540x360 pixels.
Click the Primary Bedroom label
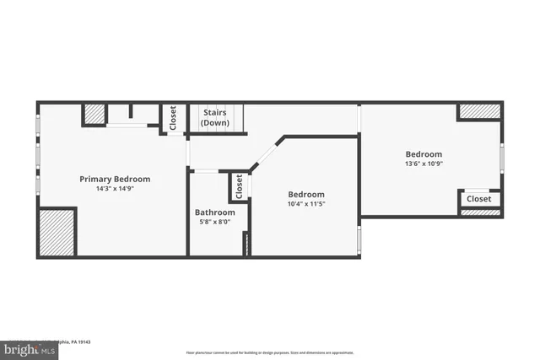tap(115, 179)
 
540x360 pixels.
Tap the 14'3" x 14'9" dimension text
tap(115, 189)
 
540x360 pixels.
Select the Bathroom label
tap(215, 212)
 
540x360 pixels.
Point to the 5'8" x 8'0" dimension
tap(215, 223)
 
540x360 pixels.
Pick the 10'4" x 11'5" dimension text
tap(305, 203)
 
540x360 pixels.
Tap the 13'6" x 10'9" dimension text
tap(424, 164)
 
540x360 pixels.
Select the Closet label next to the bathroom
tap(239, 186)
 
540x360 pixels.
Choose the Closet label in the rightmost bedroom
tap(478, 199)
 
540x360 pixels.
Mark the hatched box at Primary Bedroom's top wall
tap(94, 114)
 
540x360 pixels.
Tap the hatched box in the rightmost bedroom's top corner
tap(479, 110)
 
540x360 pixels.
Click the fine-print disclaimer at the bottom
tap(270, 352)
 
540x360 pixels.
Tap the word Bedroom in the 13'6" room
tap(424, 154)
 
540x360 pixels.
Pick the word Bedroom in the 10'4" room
tap(305, 194)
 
